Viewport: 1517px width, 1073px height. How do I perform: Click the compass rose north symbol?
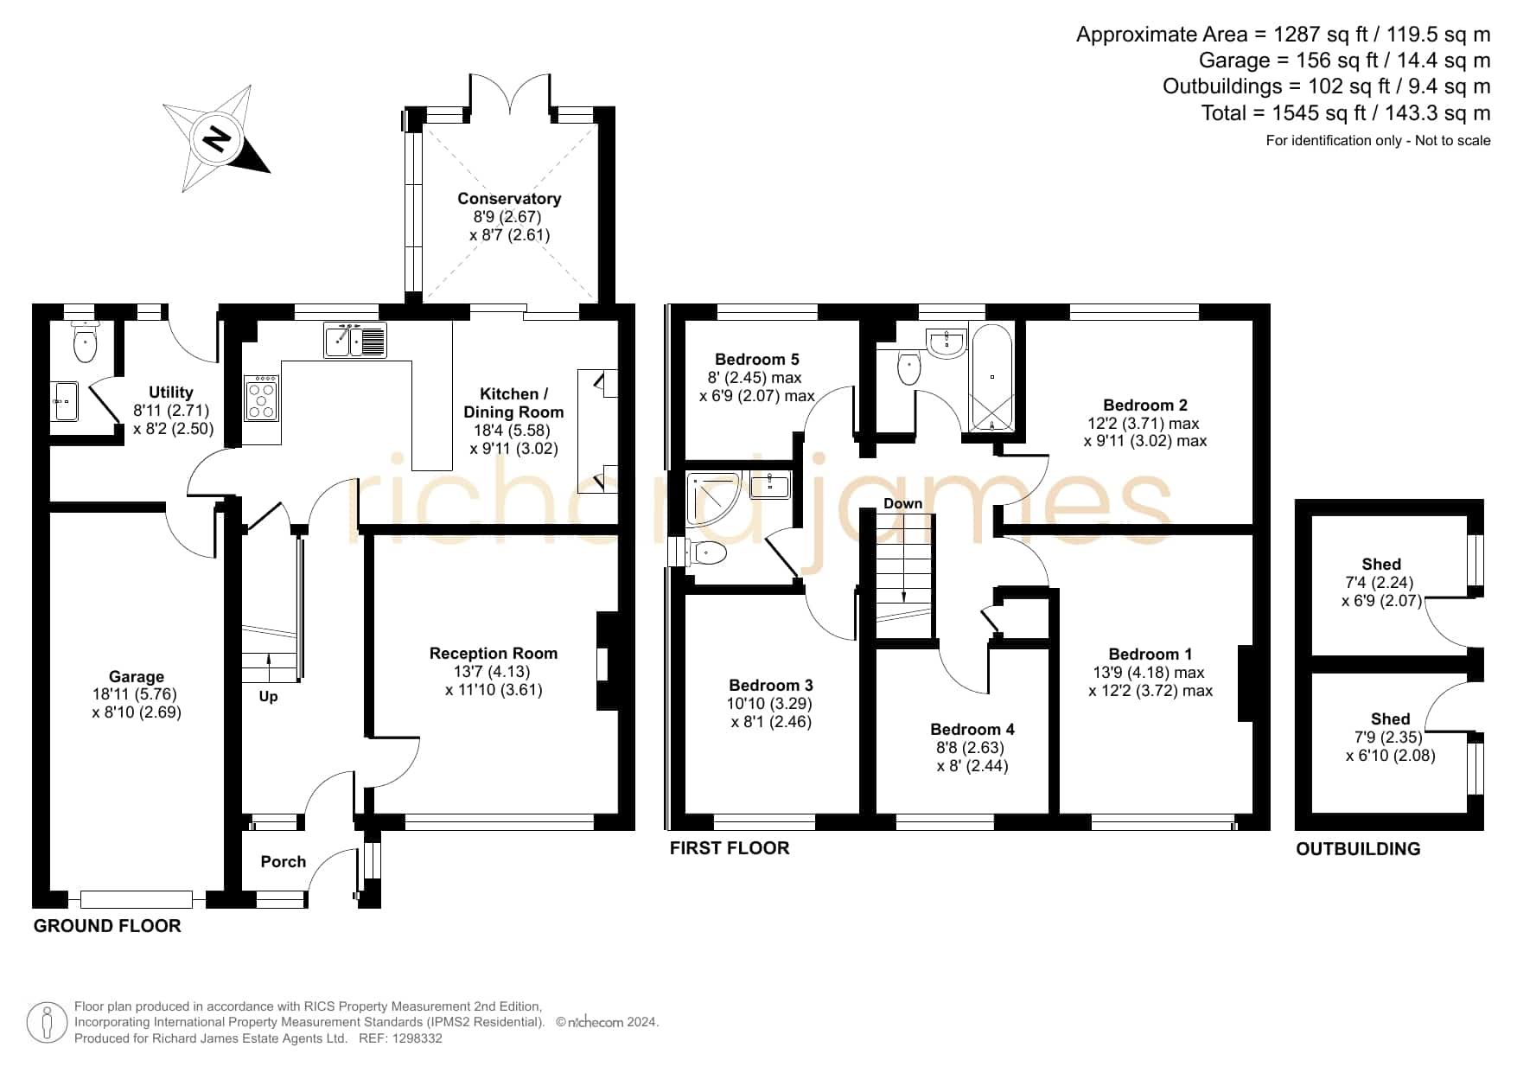click(217, 138)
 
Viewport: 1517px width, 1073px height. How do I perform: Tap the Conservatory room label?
click(509, 199)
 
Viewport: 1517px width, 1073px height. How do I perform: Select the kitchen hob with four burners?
click(261, 397)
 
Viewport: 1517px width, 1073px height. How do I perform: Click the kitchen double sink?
click(355, 339)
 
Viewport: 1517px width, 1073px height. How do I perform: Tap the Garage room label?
click(137, 676)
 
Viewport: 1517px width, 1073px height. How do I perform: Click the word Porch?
click(284, 861)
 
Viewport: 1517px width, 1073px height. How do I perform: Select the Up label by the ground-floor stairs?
click(268, 696)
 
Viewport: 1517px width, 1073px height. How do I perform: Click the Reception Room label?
click(494, 653)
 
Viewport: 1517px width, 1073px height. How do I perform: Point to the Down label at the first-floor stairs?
click(902, 503)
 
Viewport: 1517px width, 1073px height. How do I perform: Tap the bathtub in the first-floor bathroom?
click(992, 377)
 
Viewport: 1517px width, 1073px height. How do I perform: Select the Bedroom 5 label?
click(757, 359)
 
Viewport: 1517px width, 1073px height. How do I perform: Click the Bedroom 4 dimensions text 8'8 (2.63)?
click(972, 747)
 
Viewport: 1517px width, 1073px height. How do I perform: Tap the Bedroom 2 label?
click(1145, 405)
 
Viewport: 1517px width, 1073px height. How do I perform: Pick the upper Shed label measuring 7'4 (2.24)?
click(1381, 564)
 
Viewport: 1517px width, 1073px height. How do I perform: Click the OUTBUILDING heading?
click(1358, 849)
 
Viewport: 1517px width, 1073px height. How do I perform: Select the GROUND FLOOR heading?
click(107, 926)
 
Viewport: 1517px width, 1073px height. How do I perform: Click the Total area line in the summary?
click(1346, 112)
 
